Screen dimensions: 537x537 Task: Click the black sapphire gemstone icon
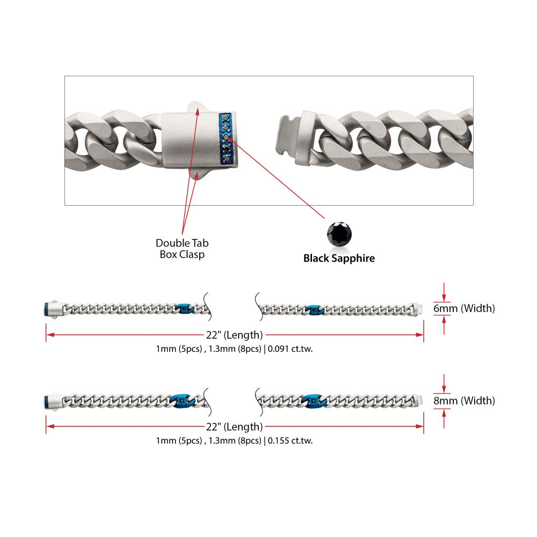tap(340, 234)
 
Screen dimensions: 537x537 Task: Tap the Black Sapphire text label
tap(339, 258)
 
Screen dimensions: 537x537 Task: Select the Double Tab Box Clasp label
tap(182, 249)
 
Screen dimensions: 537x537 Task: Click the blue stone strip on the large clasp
tap(226, 137)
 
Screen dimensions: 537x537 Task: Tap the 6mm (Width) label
tap(464, 308)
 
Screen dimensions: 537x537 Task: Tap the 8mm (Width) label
tap(464, 401)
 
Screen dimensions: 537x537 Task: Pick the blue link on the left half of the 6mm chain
tap(184, 309)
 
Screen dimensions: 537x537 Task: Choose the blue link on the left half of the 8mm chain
tap(180, 401)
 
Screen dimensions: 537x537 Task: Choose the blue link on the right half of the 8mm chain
tap(313, 401)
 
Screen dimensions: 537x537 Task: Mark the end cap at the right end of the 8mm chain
tap(419, 401)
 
